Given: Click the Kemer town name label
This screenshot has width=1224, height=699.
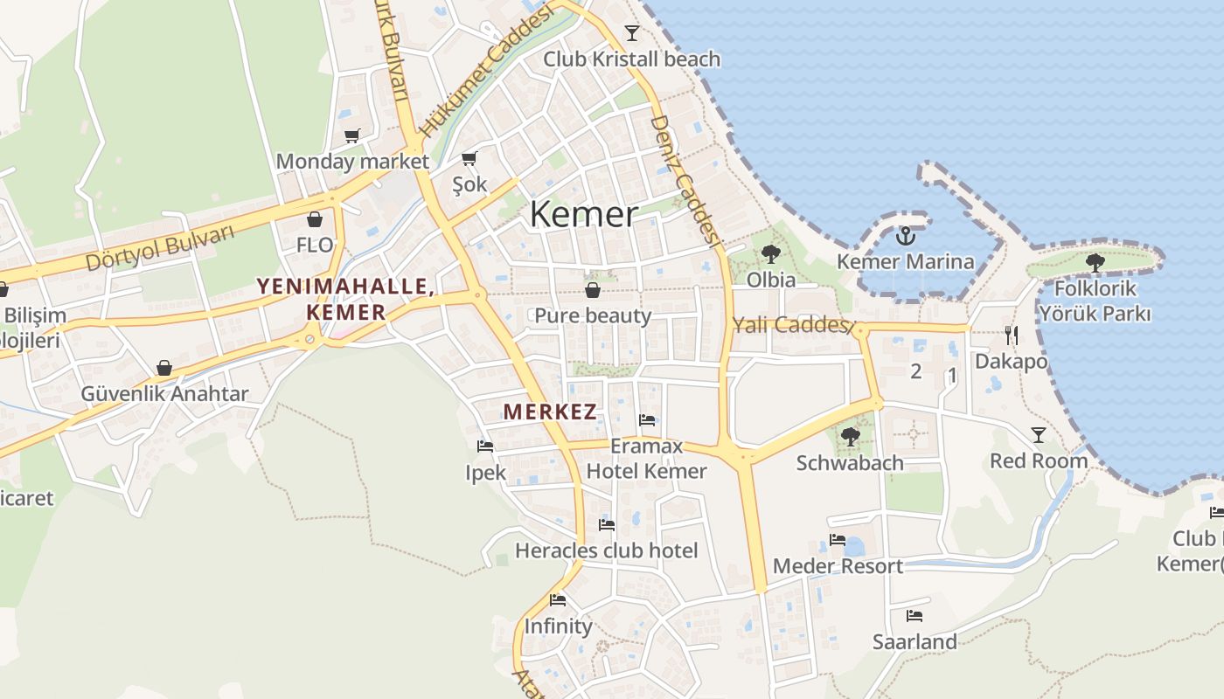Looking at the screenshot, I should pos(584,214).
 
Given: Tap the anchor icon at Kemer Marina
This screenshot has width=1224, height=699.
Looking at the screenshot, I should pos(906,235).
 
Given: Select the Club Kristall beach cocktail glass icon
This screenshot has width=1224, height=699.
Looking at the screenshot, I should pos(632,33).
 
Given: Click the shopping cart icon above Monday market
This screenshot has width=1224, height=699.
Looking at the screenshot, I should pos(352,135).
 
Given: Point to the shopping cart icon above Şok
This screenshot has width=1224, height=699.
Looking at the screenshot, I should pos(469,158).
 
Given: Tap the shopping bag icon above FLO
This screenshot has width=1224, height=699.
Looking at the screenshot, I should pos(315,219).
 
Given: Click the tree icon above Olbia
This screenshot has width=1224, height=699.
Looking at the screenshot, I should pos(770,254).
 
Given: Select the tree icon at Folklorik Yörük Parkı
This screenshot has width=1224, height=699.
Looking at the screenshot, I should pos(1095,262).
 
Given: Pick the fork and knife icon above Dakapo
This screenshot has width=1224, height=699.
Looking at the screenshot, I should pos(1012,335).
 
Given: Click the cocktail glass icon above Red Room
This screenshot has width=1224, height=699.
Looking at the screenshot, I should pos(1039,434).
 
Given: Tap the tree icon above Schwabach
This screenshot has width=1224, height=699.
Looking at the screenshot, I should pos(850,436).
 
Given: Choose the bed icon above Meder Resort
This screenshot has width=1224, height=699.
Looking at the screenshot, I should pos(838,540).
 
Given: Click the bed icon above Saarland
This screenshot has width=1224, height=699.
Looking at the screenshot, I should pos(915,616).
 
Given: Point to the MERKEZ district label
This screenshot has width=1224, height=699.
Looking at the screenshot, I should pos(551,412).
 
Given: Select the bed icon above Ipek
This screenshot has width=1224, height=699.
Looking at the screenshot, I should pos(485,446).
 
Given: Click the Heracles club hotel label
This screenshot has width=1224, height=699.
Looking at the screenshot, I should pos(606,550).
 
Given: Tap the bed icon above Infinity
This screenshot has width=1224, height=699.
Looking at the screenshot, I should pos(558,600).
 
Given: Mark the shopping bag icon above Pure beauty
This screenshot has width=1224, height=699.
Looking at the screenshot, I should pos(593,290).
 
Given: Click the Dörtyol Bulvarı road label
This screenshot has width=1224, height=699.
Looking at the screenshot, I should pos(161,248).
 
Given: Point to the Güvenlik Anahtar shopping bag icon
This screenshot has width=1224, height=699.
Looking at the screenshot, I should pos(164,368).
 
